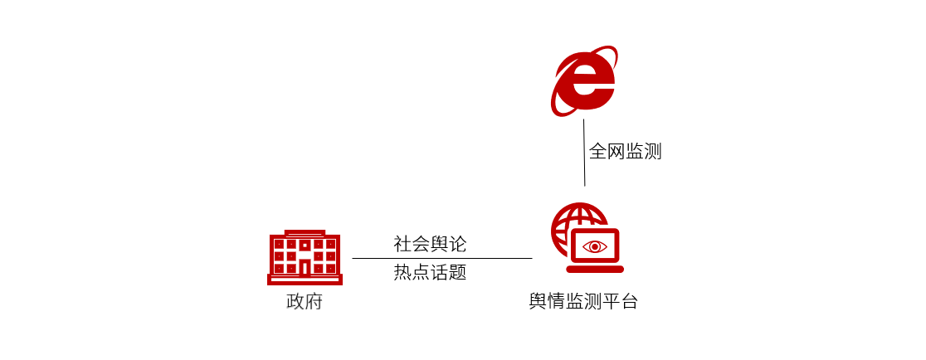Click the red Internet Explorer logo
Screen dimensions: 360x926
click(x=584, y=81)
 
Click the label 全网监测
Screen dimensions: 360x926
click(x=625, y=152)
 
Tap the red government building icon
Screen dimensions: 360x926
click(x=305, y=258)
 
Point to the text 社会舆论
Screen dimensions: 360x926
click(x=430, y=244)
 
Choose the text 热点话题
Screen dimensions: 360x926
click(x=430, y=272)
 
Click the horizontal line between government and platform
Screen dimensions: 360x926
click(x=441, y=258)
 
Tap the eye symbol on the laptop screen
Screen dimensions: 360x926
click(x=595, y=246)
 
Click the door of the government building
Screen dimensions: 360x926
click(x=305, y=267)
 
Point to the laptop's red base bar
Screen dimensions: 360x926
click(x=595, y=268)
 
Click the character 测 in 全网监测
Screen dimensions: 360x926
click(x=652, y=152)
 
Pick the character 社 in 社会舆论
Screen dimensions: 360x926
click(x=402, y=244)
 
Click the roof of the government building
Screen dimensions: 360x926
click(x=305, y=234)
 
